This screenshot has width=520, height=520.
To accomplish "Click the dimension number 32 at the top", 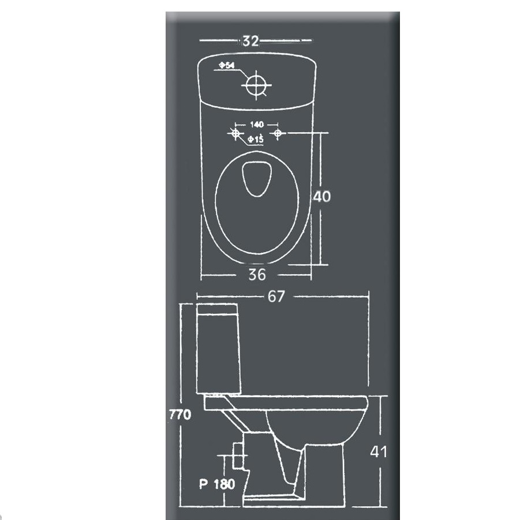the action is [250, 41].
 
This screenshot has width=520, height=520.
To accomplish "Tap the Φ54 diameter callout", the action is [227, 65].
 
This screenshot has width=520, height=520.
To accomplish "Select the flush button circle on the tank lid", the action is [256, 85].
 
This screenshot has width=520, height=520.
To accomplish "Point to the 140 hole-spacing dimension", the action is [257, 124].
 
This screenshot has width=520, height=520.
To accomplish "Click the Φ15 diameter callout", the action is [256, 139].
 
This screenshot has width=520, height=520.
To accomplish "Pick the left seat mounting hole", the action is [235, 133].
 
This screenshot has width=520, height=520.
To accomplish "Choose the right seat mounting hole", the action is [278, 133].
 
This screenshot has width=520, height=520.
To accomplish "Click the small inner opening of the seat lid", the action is [257, 179].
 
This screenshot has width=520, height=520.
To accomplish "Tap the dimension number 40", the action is [321, 197].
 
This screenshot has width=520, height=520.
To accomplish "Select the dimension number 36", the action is [257, 275].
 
